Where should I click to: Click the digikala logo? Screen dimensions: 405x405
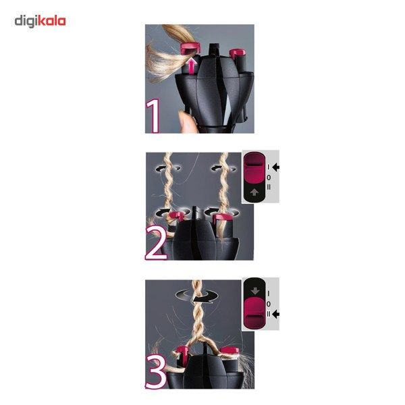(40, 22)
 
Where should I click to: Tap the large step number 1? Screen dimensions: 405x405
(153, 116)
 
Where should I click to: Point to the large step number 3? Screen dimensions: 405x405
(156, 371)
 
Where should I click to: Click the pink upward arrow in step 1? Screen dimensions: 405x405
(191, 66)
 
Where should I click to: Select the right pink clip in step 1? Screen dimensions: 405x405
(238, 53)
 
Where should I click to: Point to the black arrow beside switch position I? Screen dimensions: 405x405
(276, 167)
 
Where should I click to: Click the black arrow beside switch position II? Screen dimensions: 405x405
(276, 314)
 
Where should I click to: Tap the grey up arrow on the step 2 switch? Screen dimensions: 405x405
(254, 192)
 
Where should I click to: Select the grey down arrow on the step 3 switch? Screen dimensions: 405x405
(255, 290)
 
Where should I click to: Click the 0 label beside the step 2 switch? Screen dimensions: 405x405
(269, 178)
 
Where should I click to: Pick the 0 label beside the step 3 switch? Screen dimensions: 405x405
(269, 304)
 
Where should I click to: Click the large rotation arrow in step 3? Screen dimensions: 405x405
(197, 296)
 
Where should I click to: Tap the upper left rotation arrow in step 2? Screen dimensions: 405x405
(167, 169)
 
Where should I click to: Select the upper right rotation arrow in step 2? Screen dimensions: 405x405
(223, 169)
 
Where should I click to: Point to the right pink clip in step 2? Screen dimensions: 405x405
(223, 217)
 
